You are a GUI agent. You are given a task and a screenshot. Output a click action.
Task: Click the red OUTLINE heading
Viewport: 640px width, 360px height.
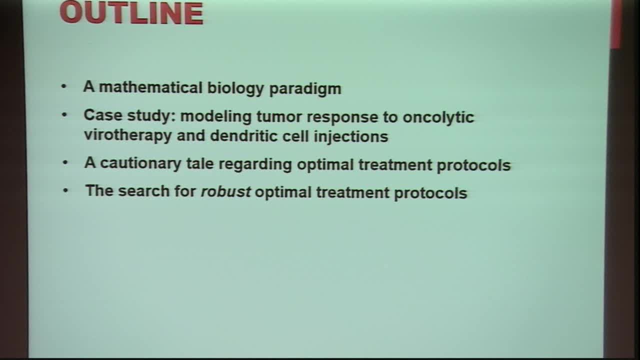point(131,13)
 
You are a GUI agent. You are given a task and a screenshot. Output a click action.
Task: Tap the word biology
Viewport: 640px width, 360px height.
point(235,88)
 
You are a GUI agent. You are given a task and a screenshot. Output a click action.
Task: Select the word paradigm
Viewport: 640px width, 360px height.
point(305,89)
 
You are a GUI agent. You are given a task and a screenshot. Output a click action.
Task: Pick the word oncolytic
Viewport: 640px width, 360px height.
point(438,117)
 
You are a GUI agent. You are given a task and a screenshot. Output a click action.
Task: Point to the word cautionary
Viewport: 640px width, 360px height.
point(140,164)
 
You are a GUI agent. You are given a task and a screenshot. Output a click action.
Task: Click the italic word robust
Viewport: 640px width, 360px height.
point(225,192)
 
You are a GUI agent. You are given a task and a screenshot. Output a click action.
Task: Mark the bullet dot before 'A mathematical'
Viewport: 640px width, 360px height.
point(63,87)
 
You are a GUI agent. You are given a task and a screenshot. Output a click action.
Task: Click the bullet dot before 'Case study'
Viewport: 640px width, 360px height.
point(63,115)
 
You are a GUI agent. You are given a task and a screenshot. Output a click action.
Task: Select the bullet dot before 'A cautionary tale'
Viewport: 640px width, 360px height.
point(64,163)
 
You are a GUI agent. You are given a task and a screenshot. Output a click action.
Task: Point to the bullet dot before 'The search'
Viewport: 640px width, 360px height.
point(65,191)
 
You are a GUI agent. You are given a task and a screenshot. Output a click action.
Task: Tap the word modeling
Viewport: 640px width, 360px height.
point(216,116)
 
